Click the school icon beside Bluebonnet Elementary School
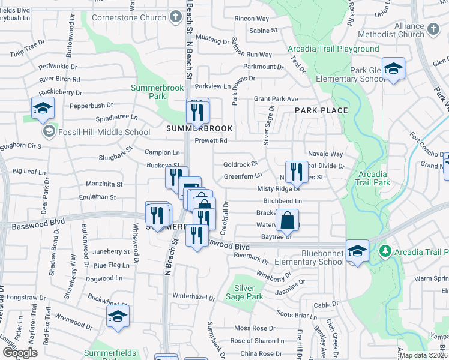pos(357,251)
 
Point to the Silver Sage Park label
pos(244,292)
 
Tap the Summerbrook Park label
pos(157,92)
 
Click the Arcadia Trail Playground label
pos(333,49)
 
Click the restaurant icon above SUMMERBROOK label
pos(197,110)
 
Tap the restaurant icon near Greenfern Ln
pos(295,172)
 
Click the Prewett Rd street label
pos(211,141)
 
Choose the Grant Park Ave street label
pos(276,98)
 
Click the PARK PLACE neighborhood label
pos(321,110)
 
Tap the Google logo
pos(20,353)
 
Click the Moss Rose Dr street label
pos(254,328)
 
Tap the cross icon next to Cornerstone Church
pos(175,17)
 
